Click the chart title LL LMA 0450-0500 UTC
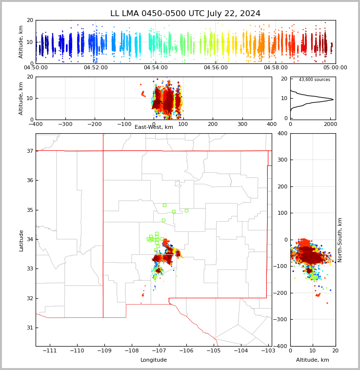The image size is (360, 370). click(158, 14)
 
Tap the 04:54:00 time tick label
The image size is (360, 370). click(156, 67)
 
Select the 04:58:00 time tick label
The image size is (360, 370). click(276, 67)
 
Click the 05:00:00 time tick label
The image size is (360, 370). click(335, 67)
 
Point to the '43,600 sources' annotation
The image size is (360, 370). click(315, 80)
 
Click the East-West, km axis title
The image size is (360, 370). click(154, 127)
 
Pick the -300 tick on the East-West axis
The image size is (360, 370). click(65, 124)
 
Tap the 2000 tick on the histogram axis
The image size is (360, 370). click(330, 124)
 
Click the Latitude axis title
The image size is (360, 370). click(21, 241)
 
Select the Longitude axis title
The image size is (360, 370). click(154, 360)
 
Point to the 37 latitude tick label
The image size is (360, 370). click(30, 151)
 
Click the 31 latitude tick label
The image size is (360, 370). click(30, 328)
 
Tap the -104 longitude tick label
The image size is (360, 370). click(240, 350)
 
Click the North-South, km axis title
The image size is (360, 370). click(340, 240)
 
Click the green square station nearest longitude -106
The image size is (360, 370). click(186, 210)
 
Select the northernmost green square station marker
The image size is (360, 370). click(164, 206)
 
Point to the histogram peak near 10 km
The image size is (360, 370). click(333, 100)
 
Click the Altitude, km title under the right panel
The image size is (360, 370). click(313, 360)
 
